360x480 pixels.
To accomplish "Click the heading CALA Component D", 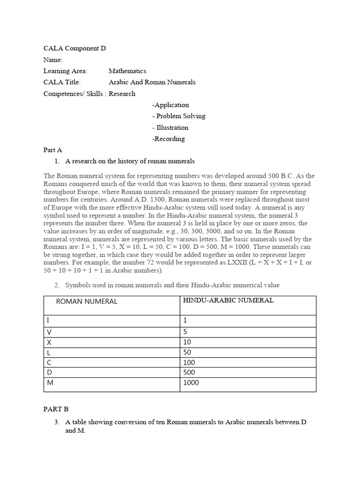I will click(x=71, y=48).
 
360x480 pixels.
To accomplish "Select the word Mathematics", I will click(x=127, y=71).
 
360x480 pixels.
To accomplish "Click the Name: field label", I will click(x=53, y=60).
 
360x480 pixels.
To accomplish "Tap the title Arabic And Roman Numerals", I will click(x=152, y=82).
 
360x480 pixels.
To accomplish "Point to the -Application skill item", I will click(x=171, y=105).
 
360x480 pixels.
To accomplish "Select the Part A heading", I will click(x=52, y=150).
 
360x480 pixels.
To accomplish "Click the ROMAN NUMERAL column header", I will click(x=86, y=301).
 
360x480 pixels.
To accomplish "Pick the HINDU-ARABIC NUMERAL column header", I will click(x=228, y=300).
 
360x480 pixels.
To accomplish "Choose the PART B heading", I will click(x=56, y=409).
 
